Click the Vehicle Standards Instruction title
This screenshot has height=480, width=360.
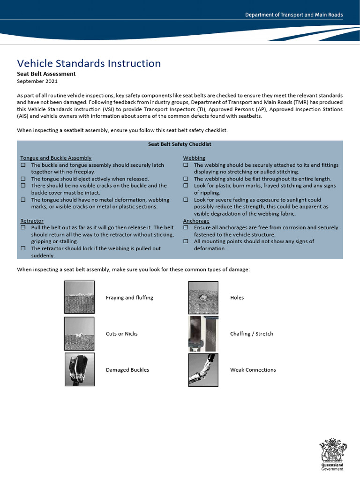tap(89, 63)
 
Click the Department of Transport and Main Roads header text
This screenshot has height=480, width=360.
tap(294, 15)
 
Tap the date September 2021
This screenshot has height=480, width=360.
tap(37, 81)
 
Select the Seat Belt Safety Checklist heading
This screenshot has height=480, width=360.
tap(180, 144)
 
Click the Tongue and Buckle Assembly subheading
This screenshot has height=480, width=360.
tap(56, 158)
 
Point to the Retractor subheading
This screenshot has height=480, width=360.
tap(32, 221)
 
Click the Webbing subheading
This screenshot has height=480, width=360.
tap(194, 158)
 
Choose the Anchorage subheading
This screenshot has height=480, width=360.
tap(196, 221)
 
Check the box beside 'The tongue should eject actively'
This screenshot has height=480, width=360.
tap(23, 179)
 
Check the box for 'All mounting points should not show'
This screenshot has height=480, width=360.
tap(186, 241)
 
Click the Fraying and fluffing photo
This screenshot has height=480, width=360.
tap(79, 297)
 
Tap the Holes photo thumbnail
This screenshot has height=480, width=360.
tap(203, 297)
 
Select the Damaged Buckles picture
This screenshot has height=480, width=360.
tap(79, 369)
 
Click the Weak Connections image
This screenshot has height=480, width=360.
tap(203, 369)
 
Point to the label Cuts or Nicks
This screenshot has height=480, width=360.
tap(121, 334)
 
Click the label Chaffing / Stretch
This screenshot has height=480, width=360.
tap(251, 334)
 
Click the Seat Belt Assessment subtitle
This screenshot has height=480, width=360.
tap(46, 74)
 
